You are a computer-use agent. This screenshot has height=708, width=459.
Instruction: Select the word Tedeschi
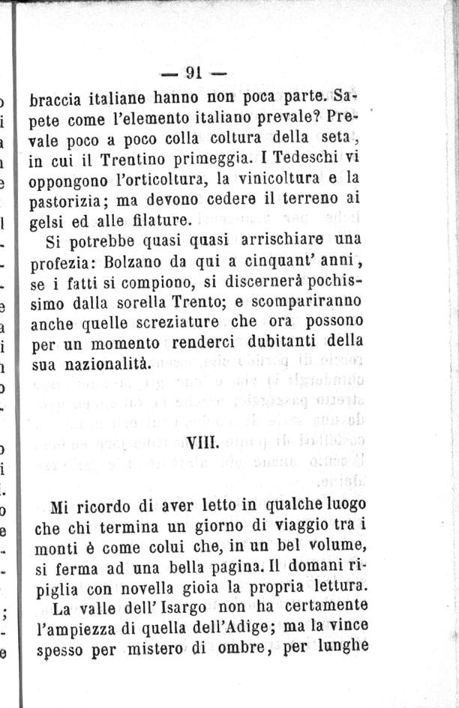304,159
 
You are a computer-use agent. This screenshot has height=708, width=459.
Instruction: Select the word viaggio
289,525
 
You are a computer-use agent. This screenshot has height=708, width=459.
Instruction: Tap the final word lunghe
342,646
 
